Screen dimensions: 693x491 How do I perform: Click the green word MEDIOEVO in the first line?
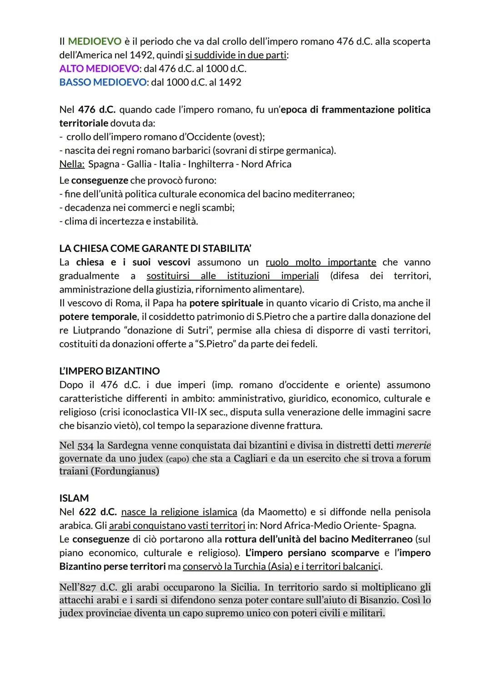point(95,41)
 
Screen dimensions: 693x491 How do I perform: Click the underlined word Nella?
point(72,164)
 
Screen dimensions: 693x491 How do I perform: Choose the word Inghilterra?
point(210,164)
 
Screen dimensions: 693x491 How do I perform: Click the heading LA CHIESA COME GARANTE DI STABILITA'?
point(155,249)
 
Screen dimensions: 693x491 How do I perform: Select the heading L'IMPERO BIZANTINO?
point(110,371)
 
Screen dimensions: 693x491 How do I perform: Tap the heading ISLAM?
point(74,498)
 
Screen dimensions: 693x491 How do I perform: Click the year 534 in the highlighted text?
point(85,446)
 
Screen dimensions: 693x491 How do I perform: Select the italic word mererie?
point(413,445)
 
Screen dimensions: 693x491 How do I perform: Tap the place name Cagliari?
point(251,459)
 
